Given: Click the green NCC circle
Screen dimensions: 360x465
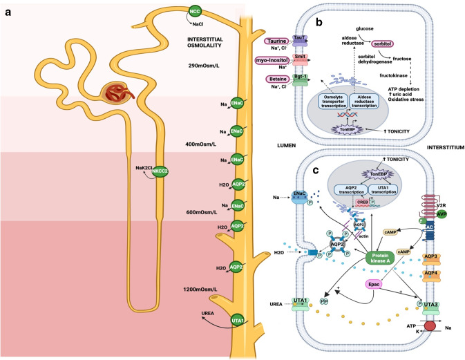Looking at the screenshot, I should pyautogui.click(x=196, y=12).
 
